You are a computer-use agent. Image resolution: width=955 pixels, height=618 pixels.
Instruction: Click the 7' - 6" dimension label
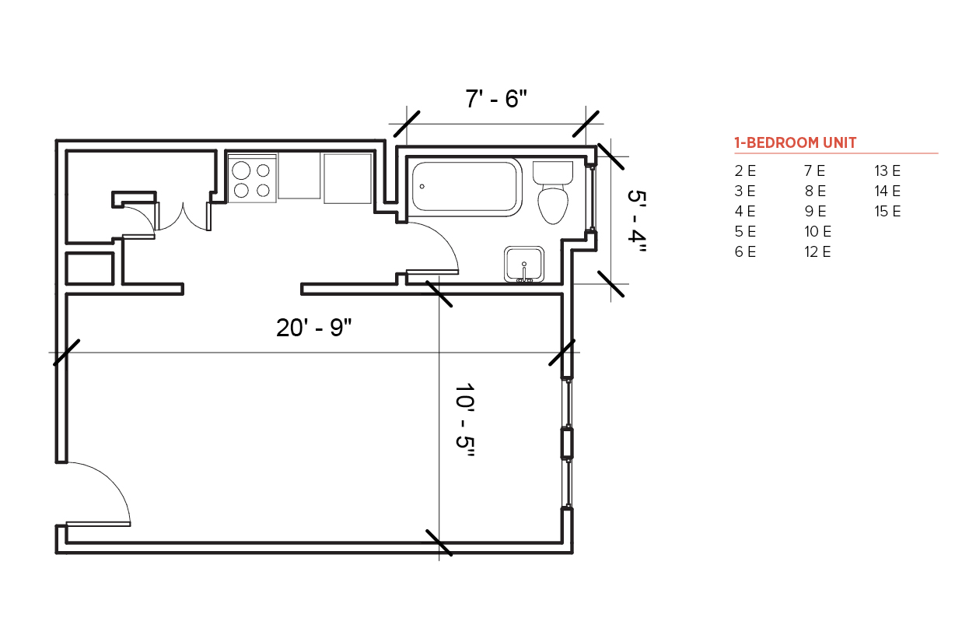tap(496, 99)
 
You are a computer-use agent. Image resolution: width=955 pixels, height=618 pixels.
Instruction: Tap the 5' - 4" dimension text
tap(638, 221)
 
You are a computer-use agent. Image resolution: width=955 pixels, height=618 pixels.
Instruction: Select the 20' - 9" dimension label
tap(314, 328)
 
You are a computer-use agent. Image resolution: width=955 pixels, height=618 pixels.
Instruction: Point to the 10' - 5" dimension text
tap(465, 420)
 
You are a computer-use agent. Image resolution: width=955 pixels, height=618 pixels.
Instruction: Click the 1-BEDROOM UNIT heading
tap(795, 143)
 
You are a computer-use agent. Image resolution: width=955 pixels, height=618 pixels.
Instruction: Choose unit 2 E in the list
tap(745, 171)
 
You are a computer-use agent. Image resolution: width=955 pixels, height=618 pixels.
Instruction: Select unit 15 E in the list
tap(887, 211)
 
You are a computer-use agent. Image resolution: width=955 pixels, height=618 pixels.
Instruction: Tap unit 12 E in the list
tap(817, 252)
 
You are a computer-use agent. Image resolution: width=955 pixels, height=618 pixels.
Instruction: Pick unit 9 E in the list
tap(816, 211)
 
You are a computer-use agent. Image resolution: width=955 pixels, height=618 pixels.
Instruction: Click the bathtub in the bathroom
tap(465, 187)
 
